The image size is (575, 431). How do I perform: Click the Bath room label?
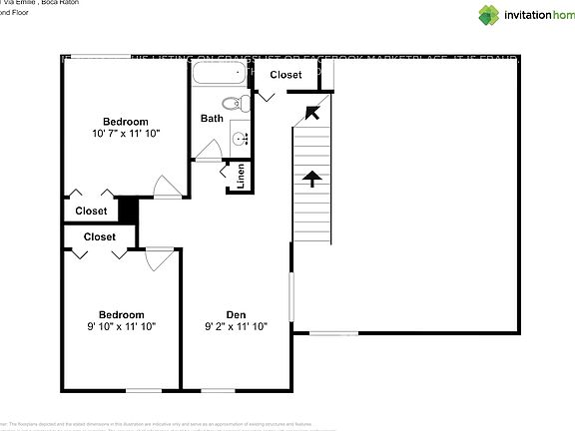(212, 118)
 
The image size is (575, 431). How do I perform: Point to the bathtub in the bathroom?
(220, 77)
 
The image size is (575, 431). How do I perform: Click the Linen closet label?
(241, 177)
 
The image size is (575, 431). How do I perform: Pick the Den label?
(236, 313)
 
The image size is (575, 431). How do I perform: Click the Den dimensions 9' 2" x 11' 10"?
(236, 325)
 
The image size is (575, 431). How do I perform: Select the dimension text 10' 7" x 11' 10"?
(125, 133)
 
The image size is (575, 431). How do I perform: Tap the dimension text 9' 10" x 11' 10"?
(121, 325)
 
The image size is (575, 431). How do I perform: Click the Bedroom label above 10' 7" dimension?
(125, 121)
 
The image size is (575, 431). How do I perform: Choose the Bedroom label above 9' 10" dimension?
(121, 313)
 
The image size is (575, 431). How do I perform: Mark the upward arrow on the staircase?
(312, 179)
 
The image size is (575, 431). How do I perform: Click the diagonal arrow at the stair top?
(311, 111)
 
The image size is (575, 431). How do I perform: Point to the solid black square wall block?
(128, 211)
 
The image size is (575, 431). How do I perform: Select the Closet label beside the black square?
(92, 211)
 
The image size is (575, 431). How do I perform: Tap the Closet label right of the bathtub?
(287, 75)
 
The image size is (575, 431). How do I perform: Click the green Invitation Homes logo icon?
(488, 15)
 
